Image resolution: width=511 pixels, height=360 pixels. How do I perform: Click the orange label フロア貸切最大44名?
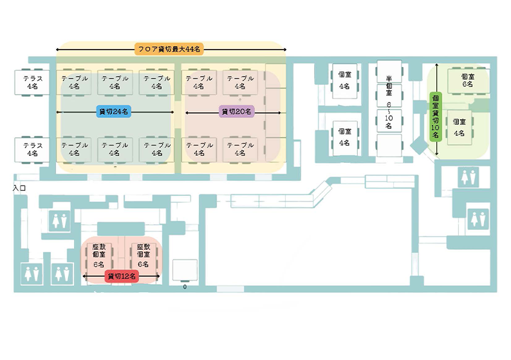click(169, 49)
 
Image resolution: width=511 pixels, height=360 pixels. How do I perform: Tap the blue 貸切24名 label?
click(115, 111)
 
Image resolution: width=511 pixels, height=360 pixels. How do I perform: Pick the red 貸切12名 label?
click(121, 276)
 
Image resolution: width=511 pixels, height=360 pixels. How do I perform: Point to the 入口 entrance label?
click(19, 188)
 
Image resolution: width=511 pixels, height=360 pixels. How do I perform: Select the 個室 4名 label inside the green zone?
click(459, 128)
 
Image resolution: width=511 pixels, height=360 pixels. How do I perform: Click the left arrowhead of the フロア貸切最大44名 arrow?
click(59, 49)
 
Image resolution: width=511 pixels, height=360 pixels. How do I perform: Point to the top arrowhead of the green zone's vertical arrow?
click(437, 64)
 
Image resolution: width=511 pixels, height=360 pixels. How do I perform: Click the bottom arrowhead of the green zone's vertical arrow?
click(437, 155)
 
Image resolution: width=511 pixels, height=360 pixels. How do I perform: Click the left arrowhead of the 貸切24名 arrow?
click(59, 111)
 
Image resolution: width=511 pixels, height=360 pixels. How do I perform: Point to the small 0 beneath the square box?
click(185, 287)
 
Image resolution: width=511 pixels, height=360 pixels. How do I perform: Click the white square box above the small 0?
click(185, 269)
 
